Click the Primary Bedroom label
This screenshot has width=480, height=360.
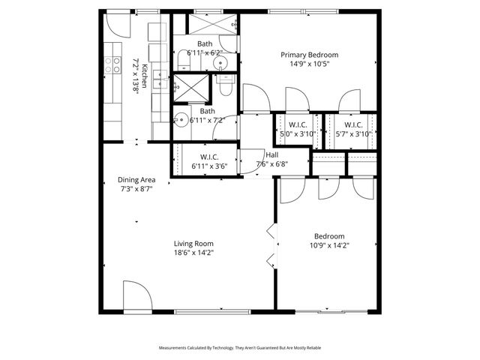(x=309, y=55)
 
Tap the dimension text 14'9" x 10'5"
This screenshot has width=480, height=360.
(x=309, y=64)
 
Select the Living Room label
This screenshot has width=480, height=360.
(x=193, y=244)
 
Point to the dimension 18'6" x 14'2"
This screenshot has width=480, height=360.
(x=193, y=253)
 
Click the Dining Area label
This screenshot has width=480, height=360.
(x=136, y=180)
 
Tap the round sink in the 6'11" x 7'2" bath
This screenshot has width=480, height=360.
(x=181, y=118)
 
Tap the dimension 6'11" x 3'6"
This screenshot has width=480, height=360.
(x=209, y=166)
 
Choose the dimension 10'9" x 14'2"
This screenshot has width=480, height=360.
(x=330, y=244)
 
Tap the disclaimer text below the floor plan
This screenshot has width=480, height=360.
(x=239, y=348)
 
